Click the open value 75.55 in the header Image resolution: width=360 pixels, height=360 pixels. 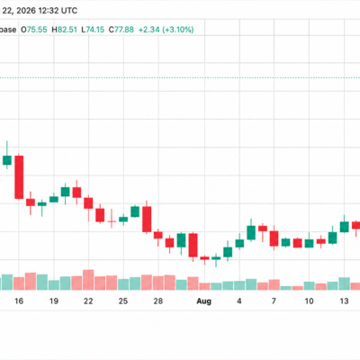pos(37,30)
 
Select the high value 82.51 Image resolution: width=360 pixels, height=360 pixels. pos(67,30)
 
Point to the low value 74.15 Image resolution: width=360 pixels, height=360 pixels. pos(95,30)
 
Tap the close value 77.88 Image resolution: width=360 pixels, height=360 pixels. pos(124,30)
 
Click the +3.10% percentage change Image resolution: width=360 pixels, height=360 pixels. pos(178,30)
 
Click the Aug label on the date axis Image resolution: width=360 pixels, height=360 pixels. pos(204,301)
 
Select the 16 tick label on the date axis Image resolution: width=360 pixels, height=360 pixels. pos(19,301)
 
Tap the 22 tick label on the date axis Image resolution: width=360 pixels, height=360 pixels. pos(88,301)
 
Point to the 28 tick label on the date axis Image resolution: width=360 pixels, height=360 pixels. pos(158,301)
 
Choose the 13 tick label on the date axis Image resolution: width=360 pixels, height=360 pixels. pos(344,301)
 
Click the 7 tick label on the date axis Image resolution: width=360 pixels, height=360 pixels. pos(274,301)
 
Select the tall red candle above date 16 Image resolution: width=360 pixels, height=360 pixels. pos(19,177)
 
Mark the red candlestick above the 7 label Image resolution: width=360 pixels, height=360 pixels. pos(274,238)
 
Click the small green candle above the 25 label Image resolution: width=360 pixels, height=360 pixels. pos(123,220)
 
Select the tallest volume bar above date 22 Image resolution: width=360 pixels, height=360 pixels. pos(88,280)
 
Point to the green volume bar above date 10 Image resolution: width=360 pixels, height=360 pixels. pos(310,286)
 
